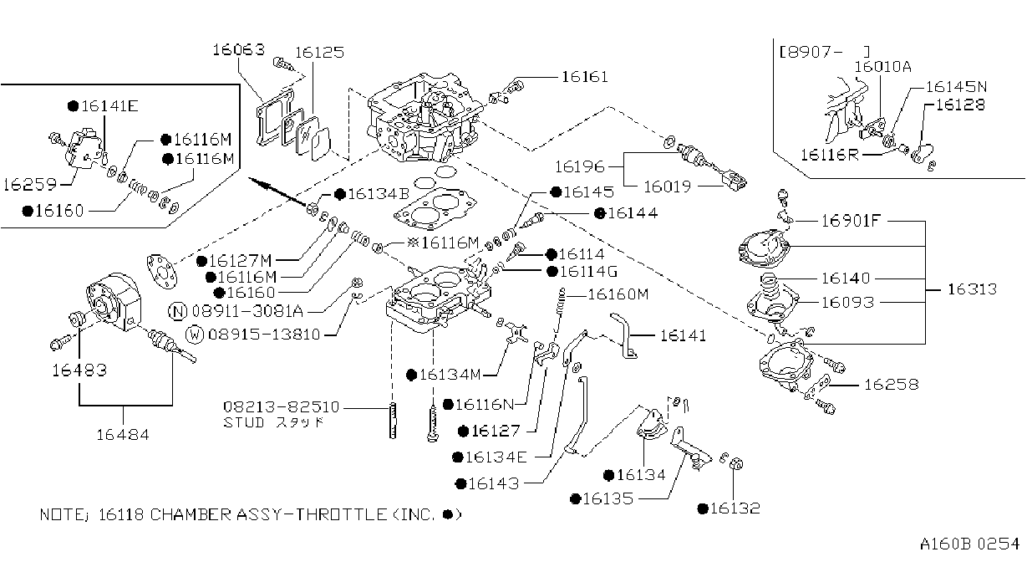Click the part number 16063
coord(239,49)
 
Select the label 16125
coord(319,53)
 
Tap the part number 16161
coord(585,77)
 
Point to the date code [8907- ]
coord(824,52)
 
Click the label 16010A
coord(882,67)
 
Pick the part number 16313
coord(973,289)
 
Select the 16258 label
coord(892,385)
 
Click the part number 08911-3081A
coord(247,311)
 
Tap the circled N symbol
coord(178,311)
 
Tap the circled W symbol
coord(195,334)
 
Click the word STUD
coord(244,422)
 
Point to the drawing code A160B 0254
coord(969,544)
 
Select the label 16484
coord(123,434)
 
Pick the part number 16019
coord(667,186)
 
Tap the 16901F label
coord(851,221)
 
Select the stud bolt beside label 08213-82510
coord(393,421)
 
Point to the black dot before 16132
coord(703,508)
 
